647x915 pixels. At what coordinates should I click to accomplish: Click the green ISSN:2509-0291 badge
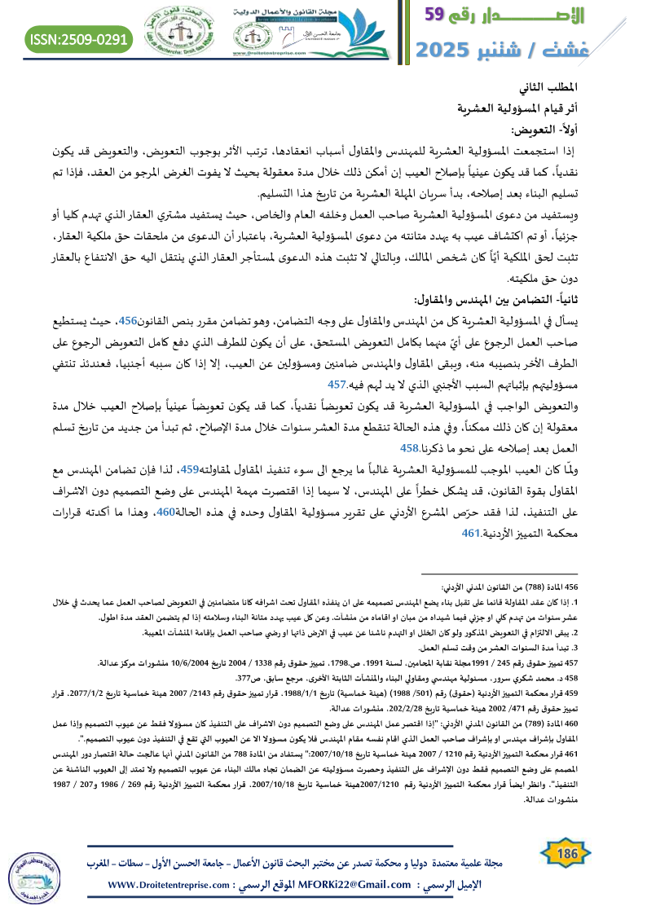(79, 38)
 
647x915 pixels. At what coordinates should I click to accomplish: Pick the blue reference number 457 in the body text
(337, 362)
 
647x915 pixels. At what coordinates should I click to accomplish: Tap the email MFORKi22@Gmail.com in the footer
(358, 886)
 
